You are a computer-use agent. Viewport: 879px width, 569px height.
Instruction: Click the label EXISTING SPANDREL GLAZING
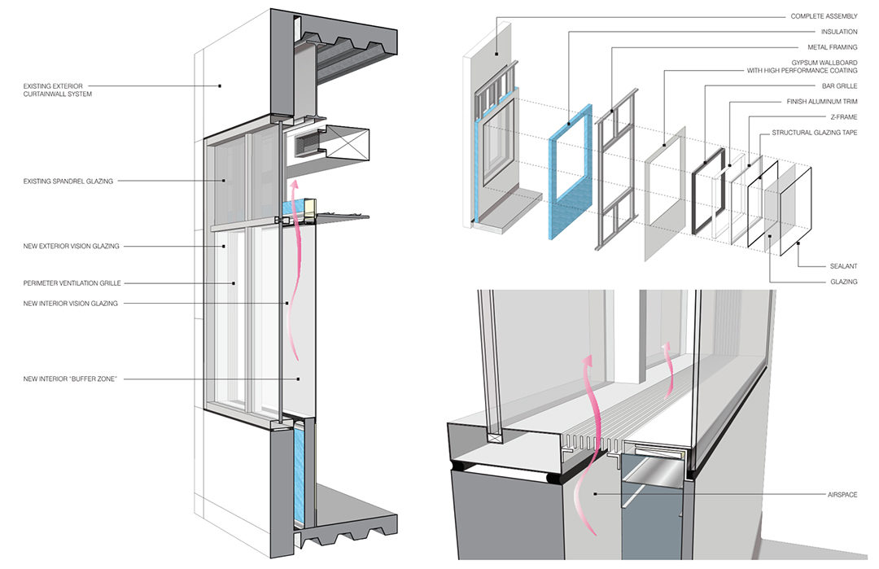point(69,182)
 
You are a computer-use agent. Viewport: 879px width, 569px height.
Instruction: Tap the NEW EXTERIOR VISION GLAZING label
point(72,246)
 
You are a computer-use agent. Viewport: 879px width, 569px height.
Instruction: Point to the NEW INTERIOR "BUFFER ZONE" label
point(72,379)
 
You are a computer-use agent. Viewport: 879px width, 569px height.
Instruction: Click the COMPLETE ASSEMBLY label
point(823,16)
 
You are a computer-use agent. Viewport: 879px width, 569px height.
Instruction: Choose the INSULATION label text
point(838,32)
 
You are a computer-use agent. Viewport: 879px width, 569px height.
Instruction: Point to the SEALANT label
point(842,266)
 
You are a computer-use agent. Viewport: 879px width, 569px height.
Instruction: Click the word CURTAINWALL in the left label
point(82,94)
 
